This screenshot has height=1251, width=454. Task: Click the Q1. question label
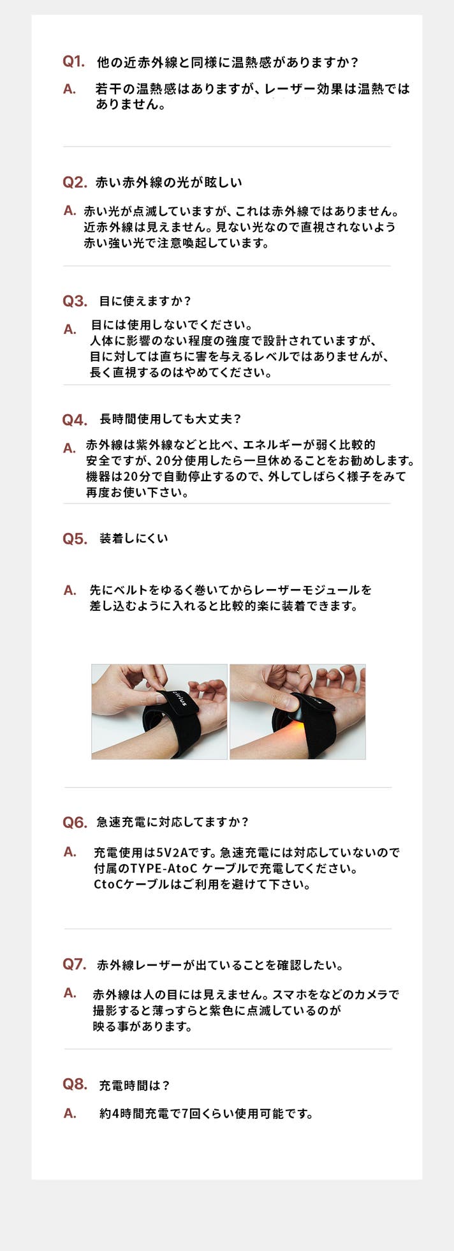(73, 62)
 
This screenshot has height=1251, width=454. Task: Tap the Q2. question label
(74, 183)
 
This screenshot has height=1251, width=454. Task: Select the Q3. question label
(75, 301)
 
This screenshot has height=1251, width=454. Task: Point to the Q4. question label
(75, 420)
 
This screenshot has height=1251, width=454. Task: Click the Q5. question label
(75, 539)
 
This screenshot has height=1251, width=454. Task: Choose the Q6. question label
(75, 823)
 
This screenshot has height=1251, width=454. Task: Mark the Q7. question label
(74, 964)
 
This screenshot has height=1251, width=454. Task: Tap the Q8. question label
(75, 1084)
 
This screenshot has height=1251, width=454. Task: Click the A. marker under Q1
(70, 89)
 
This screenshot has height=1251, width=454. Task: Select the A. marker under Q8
(70, 1113)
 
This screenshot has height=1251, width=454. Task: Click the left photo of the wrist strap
(159, 712)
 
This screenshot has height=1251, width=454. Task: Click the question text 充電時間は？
(135, 1085)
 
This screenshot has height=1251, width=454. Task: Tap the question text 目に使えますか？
(145, 301)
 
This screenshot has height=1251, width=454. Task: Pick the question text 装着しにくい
(134, 538)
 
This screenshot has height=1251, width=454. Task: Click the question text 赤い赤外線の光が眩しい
(169, 183)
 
